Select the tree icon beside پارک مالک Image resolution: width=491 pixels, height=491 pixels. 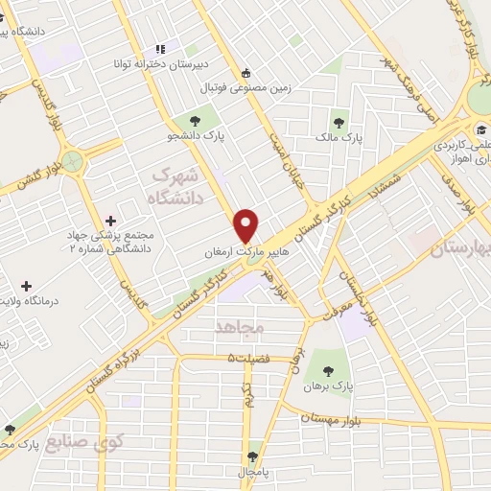pos(338,122)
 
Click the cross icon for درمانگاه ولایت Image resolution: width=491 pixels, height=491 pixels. pos(25,286)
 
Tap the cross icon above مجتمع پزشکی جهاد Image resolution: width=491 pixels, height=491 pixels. pos(110,221)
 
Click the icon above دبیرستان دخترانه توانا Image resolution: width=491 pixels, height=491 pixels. pos(159,49)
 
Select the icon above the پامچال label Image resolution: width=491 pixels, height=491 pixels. pos(253,456)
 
